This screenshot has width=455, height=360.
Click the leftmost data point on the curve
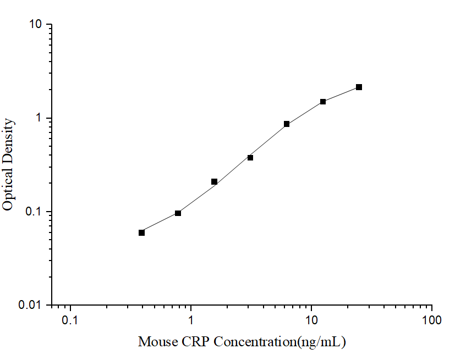click(x=142, y=232)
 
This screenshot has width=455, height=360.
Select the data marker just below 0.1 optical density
click(x=178, y=213)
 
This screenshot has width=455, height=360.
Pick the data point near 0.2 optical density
click(x=214, y=181)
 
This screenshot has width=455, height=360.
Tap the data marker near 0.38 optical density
click(x=250, y=158)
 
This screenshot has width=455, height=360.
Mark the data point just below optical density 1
click(x=287, y=124)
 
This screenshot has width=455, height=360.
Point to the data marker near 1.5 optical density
click(x=323, y=102)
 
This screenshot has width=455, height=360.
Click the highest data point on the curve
click(x=359, y=87)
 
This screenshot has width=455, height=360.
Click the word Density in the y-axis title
click(x=8, y=141)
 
